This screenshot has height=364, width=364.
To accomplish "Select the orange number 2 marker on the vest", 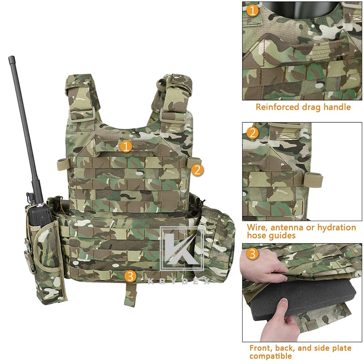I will [x=197, y=170].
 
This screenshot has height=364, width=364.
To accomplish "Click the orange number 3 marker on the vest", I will [x=130, y=276].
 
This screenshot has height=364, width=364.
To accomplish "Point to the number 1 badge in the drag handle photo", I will [x=253, y=10].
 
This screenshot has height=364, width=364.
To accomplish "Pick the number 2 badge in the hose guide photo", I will [x=253, y=133].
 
